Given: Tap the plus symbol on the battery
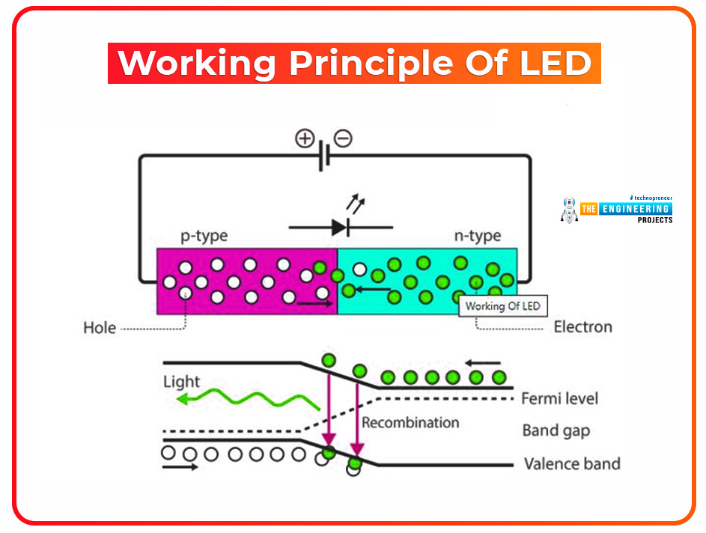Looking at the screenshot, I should [x=304, y=139].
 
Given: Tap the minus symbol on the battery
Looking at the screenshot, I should [x=343, y=138].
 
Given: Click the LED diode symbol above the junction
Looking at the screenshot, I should [x=341, y=226].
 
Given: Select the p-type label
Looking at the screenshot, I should [x=204, y=237].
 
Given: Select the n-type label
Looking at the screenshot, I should [x=477, y=237].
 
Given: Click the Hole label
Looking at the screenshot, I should [x=100, y=328].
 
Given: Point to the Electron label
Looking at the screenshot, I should [x=582, y=327].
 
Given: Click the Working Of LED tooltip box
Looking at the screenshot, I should [x=502, y=306].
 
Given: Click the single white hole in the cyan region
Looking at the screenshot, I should [x=360, y=269].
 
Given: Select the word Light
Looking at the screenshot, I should [x=182, y=382].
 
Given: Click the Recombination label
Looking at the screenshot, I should [x=410, y=423].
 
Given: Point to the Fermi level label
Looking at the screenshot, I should [x=559, y=398].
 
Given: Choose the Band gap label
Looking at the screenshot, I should [x=556, y=430].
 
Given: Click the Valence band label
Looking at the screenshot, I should [x=571, y=463].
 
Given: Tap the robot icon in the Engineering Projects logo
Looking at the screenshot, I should [x=570, y=210].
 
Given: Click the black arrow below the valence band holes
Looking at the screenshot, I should [x=180, y=467].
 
